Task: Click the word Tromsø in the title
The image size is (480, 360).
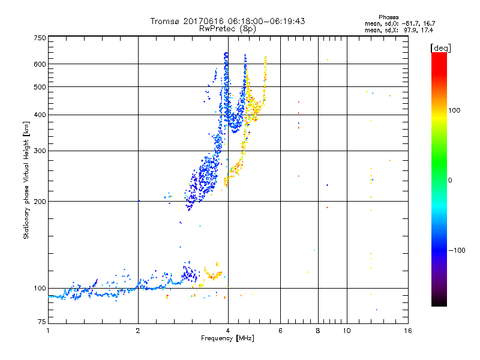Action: coord(163,21)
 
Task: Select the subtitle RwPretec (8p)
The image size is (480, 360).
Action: coord(228,28)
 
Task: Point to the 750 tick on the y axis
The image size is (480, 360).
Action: coord(40,37)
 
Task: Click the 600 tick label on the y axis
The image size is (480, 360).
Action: coord(40,64)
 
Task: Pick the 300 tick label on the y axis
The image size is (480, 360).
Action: coord(40,151)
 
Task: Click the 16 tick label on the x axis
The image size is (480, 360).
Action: coord(407,331)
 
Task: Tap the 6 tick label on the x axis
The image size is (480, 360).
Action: coord(280,331)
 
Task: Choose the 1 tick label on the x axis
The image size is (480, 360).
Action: coord(48,331)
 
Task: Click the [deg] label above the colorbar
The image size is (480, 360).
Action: coord(440,47)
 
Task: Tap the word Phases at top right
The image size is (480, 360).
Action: coord(389,17)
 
